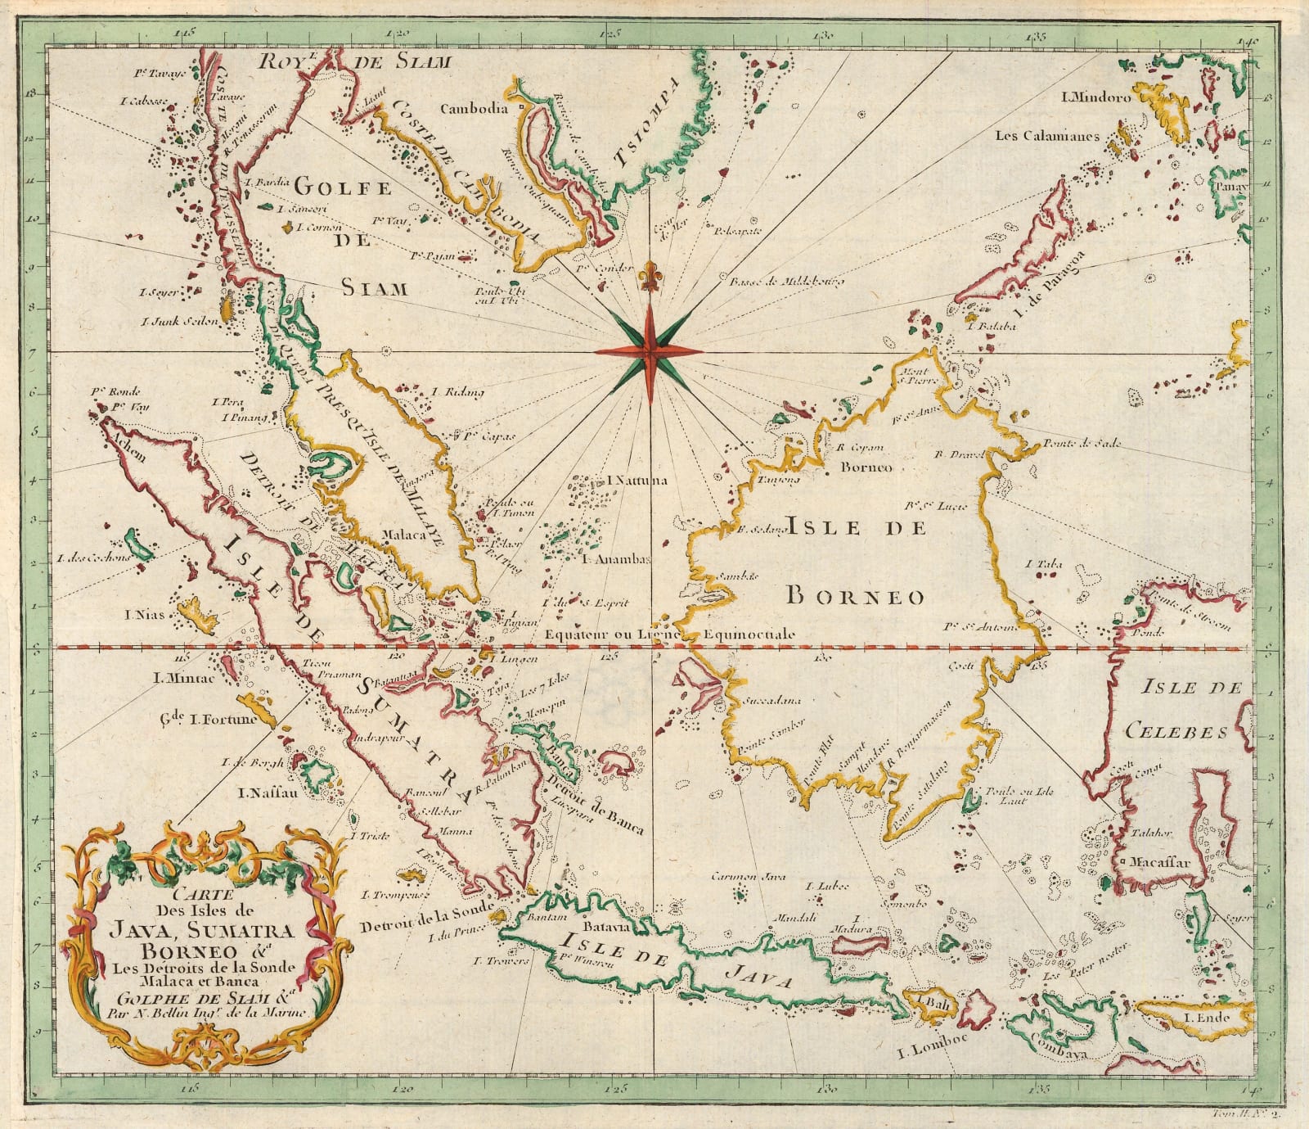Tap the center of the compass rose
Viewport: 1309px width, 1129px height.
pyautogui.click(x=650, y=351)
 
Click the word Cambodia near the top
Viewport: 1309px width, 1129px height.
pyautogui.click(x=475, y=108)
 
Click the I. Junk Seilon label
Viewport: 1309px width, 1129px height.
pyautogui.click(x=179, y=322)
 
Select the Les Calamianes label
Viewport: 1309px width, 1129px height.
pyautogui.click(x=1046, y=136)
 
